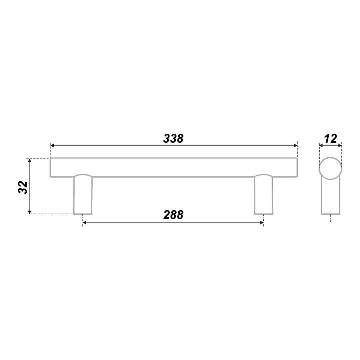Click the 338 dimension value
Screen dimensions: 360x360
[173, 139]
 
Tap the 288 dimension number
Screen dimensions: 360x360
[173, 215]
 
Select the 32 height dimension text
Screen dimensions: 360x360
[23, 188]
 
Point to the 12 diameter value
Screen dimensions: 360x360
[331, 139]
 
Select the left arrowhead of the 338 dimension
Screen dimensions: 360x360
[52, 146]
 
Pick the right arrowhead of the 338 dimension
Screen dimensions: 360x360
[295, 146]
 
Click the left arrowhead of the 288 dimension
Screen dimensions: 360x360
[84, 222]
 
